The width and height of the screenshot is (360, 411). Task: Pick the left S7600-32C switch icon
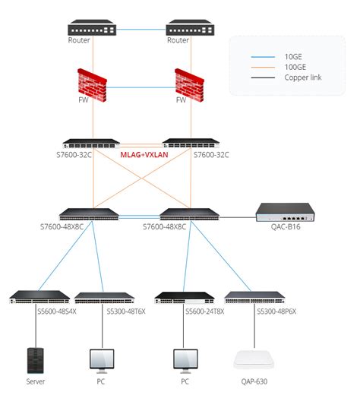point(92,143)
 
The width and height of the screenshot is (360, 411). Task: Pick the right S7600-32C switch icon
point(190,143)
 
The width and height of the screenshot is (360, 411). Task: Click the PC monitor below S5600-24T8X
point(184,359)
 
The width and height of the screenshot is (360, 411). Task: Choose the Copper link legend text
point(302,77)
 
